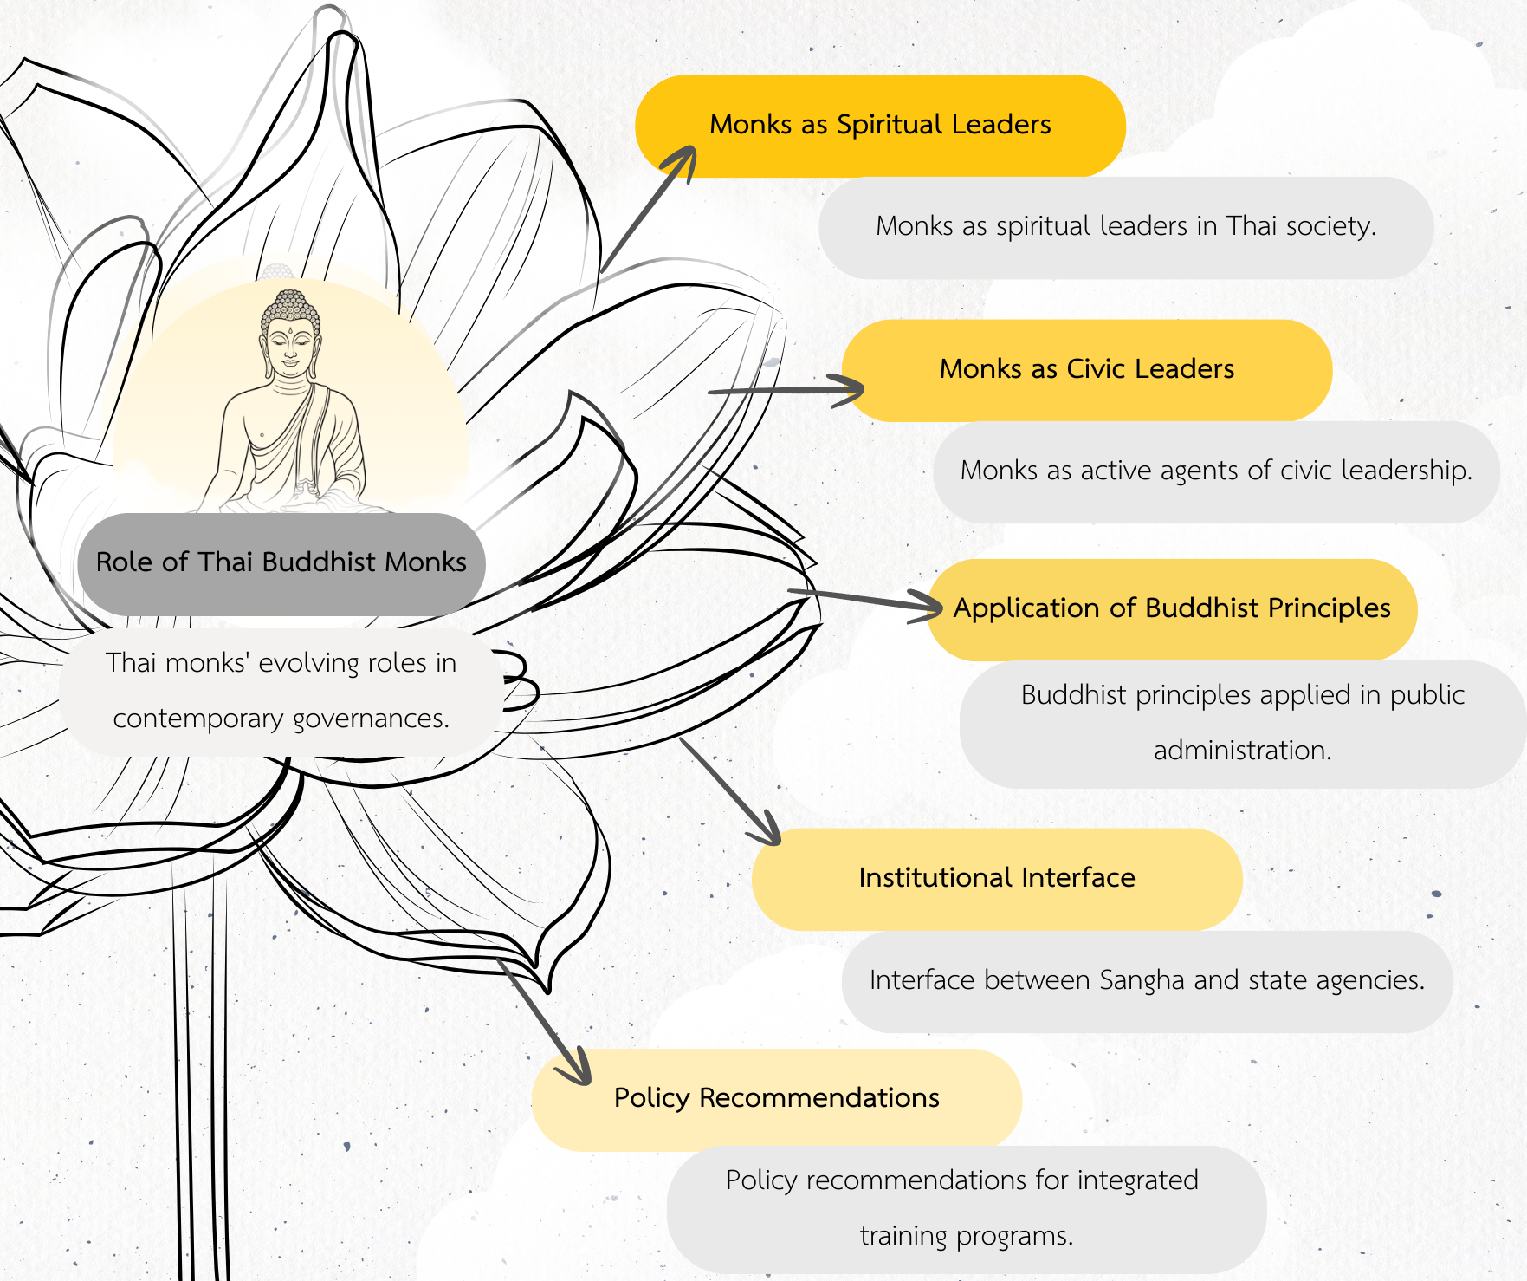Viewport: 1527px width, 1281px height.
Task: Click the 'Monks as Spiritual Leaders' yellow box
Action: tap(880, 126)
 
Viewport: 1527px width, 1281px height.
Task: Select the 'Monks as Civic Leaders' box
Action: tap(1086, 370)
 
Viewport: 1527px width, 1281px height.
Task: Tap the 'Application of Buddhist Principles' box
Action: tap(1171, 609)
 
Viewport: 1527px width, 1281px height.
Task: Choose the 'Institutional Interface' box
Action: tap(996, 879)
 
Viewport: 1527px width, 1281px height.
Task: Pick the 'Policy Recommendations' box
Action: tap(776, 1099)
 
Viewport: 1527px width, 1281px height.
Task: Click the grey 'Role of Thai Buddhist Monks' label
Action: tap(281, 563)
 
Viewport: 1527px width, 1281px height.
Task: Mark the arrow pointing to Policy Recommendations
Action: tap(546, 1023)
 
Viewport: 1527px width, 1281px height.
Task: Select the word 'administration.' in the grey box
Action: tap(1242, 751)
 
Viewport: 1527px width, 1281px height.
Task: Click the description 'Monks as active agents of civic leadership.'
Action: tap(1216, 471)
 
